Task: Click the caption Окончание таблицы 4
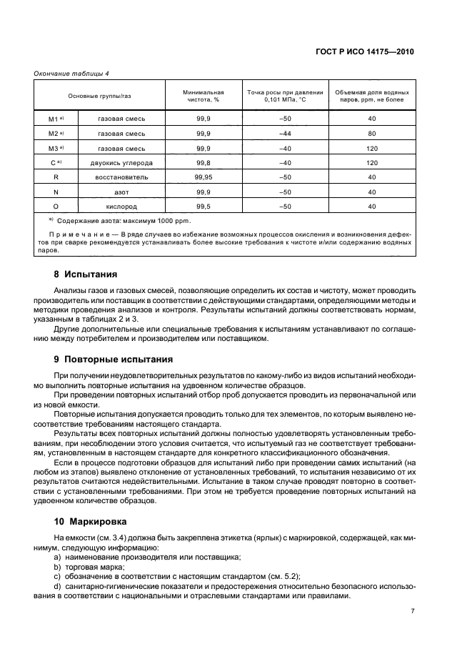(71, 73)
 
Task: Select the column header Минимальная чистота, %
(203, 96)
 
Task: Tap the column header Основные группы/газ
(99, 96)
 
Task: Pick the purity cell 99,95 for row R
(203, 177)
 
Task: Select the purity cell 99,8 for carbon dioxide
(203, 162)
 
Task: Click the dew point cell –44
(286, 134)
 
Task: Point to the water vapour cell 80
(372, 134)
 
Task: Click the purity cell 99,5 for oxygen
(203, 206)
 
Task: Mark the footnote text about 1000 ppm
(107, 221)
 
